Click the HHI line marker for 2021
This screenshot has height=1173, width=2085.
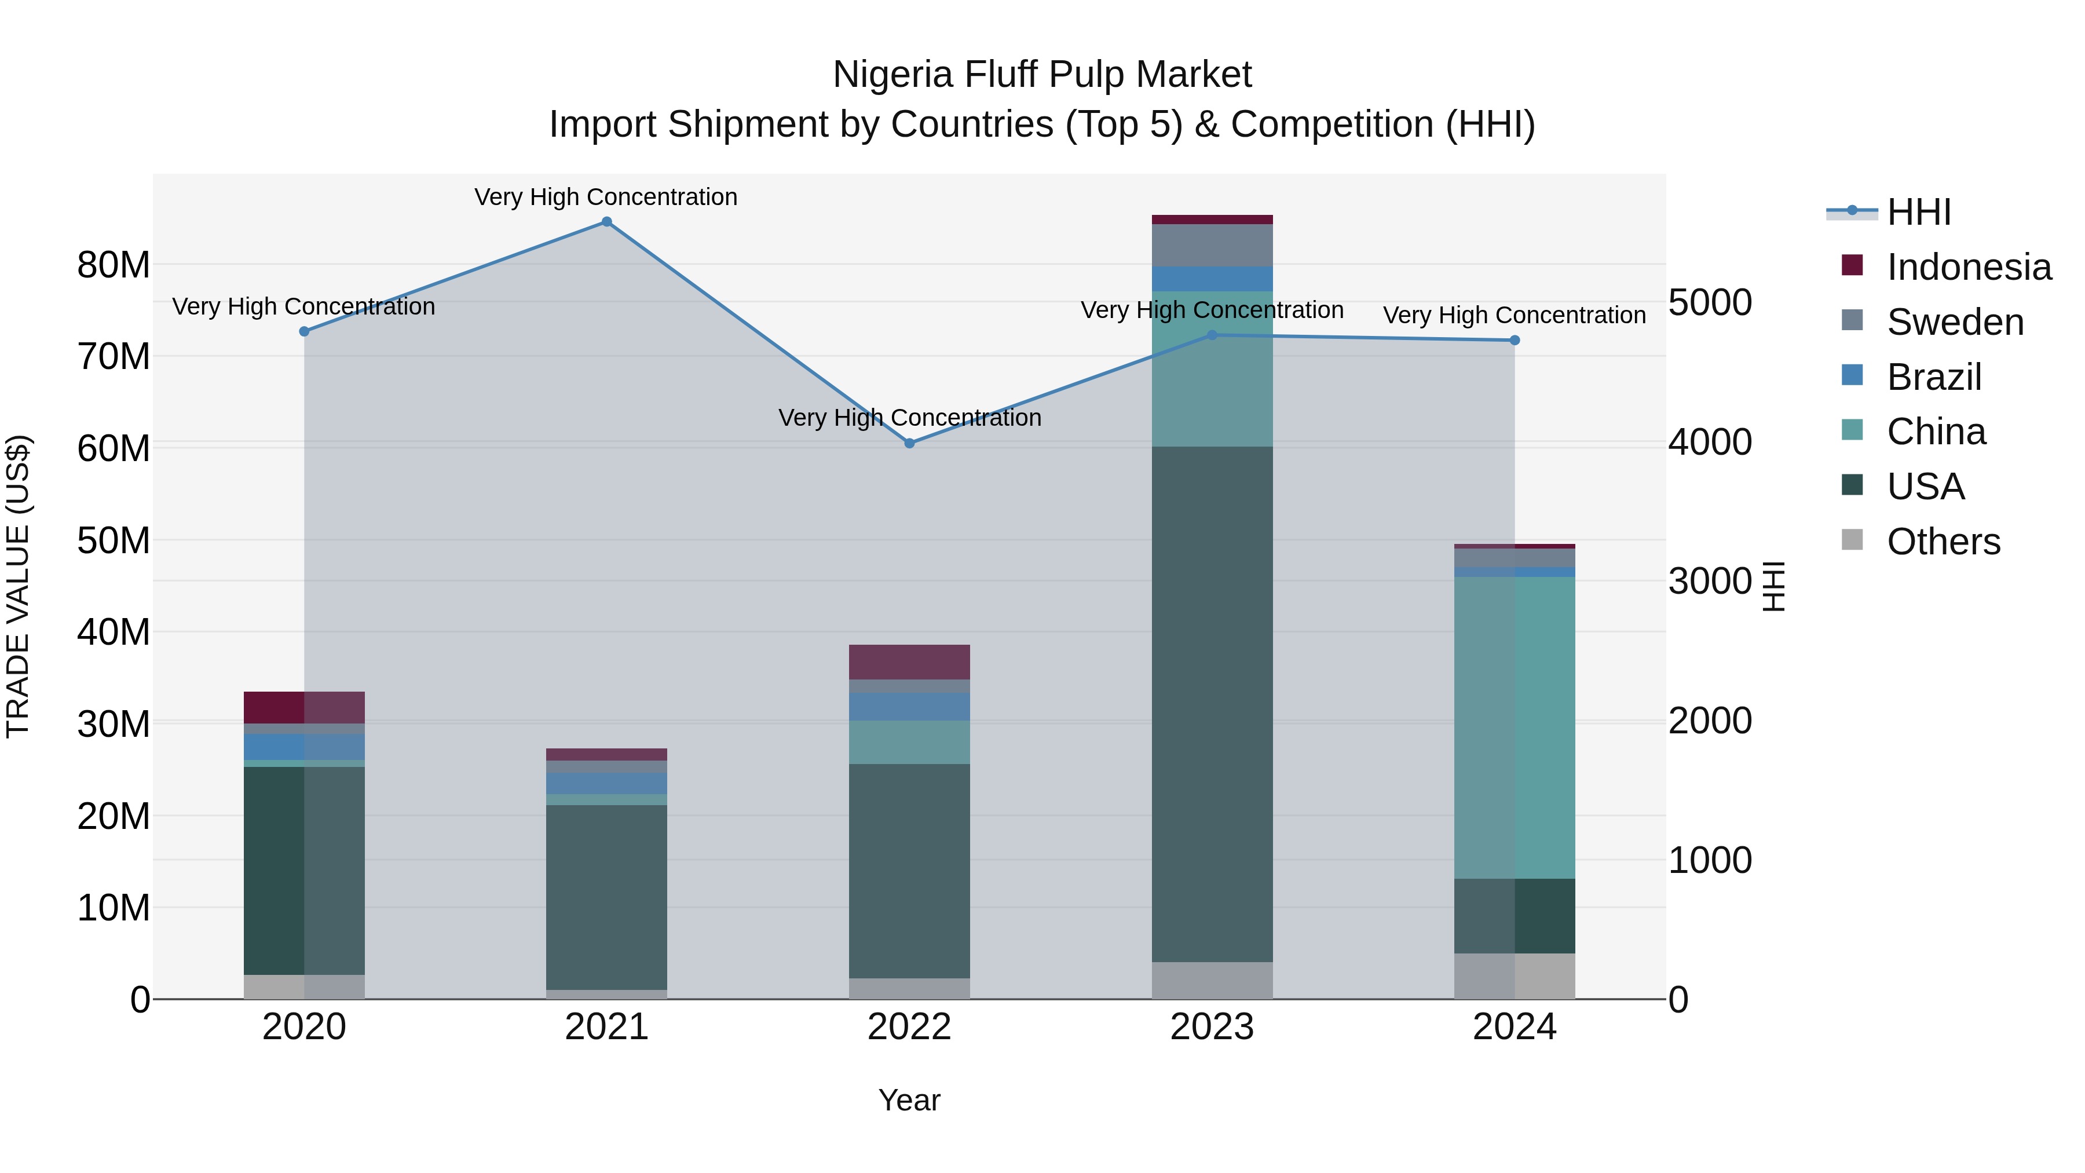(x=606, y=222)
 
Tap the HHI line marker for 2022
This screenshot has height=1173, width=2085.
(x=909, y=444)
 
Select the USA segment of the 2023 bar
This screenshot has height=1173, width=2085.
(x=1212, y=704)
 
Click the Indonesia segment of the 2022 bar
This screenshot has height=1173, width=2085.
(x=909, y=662)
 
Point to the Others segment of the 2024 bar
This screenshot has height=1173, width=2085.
(x=1515, y=976)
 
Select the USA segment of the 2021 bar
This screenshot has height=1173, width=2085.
(x=606, y=897)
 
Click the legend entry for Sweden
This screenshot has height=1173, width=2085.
(x=1955, y=322)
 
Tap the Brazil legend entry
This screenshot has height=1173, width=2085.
(x=1934, y=377)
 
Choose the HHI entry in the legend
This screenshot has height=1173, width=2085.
(x=1918, y=212)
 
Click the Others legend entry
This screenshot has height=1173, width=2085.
(x=1943, y=542)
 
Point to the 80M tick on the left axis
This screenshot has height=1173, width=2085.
(x=114, y=265)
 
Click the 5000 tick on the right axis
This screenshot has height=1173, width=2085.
(x=1710, y=303)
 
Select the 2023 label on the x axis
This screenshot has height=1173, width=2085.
(x=1212, y=1027)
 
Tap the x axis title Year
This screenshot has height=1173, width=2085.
(x=909, y=1100)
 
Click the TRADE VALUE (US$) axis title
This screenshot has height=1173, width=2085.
(x=18, y=586)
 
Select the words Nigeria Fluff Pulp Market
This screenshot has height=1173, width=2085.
(x=1042, y=75)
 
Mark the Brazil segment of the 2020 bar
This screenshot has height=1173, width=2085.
(x=303, y=747)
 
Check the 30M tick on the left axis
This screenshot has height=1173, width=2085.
(x=114, y=723)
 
